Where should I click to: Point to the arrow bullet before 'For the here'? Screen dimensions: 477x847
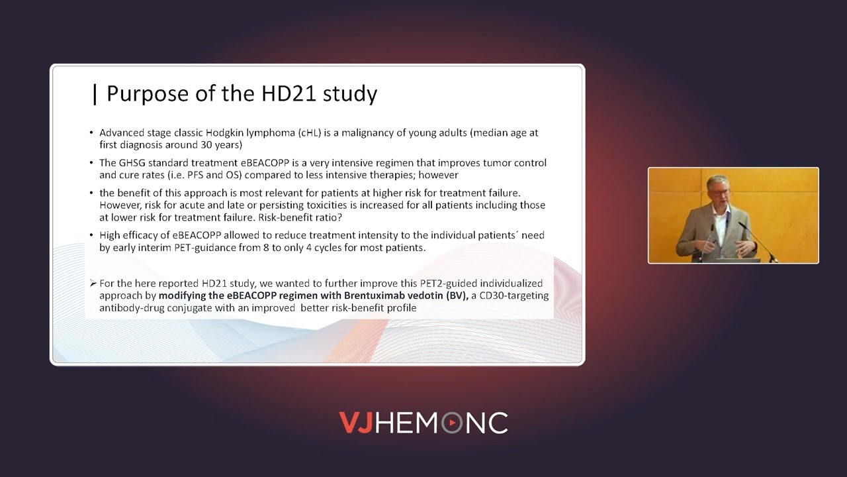[93, 284]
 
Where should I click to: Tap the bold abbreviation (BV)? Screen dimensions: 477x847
[455, 295]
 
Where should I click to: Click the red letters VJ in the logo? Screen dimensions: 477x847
[356, 423]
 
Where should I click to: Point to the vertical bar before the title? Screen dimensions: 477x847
[95, 93]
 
